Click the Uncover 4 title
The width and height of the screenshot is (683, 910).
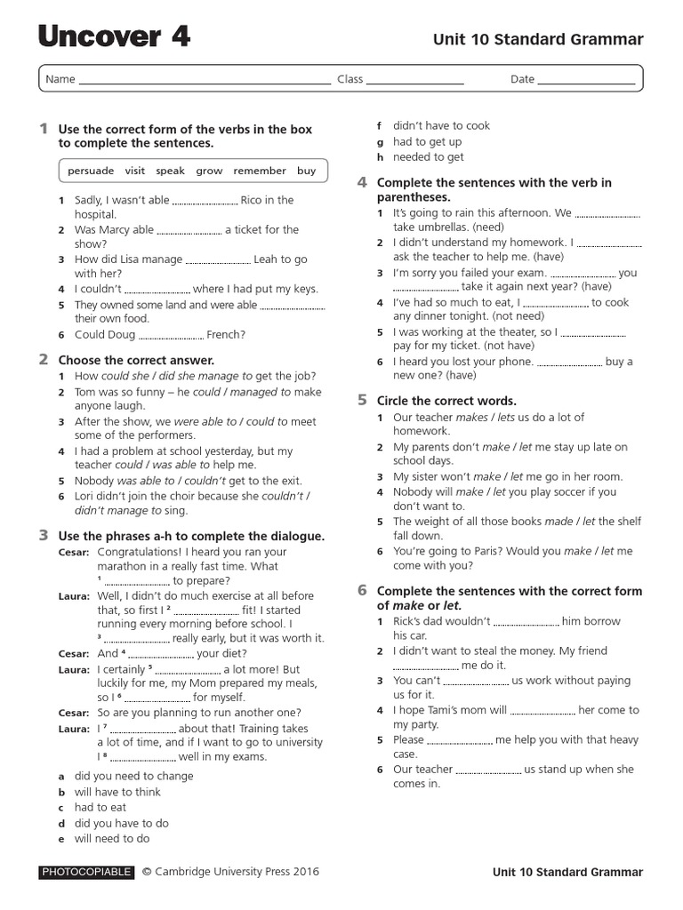click(x=114, y=36)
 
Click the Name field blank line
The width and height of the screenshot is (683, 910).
click(x=205, y=81)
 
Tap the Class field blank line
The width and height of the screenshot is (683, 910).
click(x=415, y=81)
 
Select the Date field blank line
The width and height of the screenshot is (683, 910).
click(x=587, y=81)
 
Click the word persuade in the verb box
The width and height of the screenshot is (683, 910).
click(x=91, y=171)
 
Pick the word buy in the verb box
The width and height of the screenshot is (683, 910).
click(x=306, y=171)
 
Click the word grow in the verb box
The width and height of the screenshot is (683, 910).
click(x=209, y=171)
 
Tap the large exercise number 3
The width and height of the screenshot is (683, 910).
click(x=43, y=535)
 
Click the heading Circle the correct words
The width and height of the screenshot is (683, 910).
click(x=446, y=401)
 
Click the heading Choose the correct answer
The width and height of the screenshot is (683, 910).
click(x=136, y=360)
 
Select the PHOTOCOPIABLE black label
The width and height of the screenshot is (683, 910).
click(x=86, y=873)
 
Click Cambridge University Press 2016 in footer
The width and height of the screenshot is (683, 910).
click(x=237, y=872)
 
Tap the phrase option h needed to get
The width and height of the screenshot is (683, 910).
click(x=428, y=157)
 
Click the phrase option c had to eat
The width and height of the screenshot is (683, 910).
click(x=100, y=808)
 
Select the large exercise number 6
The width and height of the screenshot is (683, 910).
click(x=362, y=590)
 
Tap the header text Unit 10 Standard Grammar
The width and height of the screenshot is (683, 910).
click(x=537, y=39)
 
